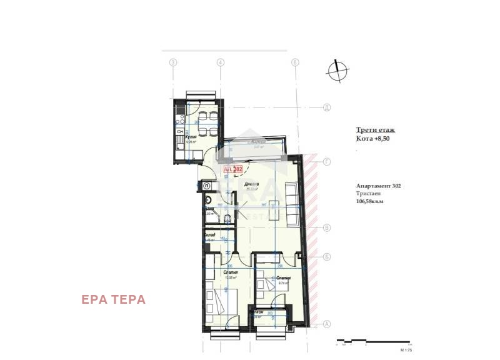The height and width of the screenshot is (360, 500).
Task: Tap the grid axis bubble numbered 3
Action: pyautogui.click(x=174, y=62)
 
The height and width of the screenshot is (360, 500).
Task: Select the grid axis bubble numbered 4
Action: pyautogui.click(x=221, y=62)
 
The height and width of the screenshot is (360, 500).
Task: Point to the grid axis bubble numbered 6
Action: pyautogui.click(x=294, y=62)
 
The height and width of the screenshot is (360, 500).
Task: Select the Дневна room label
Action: pyautogui.click(x=251, y=184)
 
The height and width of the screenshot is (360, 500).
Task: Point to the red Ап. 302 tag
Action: pyautogui.click(x=233, y=168)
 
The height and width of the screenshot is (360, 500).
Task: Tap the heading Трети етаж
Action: pyautogui.click(x=375, y=130)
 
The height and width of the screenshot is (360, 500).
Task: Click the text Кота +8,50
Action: pyautogui.click(x=373, y=139)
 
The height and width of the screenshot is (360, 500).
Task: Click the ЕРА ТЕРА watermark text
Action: pyautogui.click(x=113, y=299)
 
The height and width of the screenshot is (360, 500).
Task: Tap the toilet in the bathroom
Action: pyautogui.click(x=209, y=202)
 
